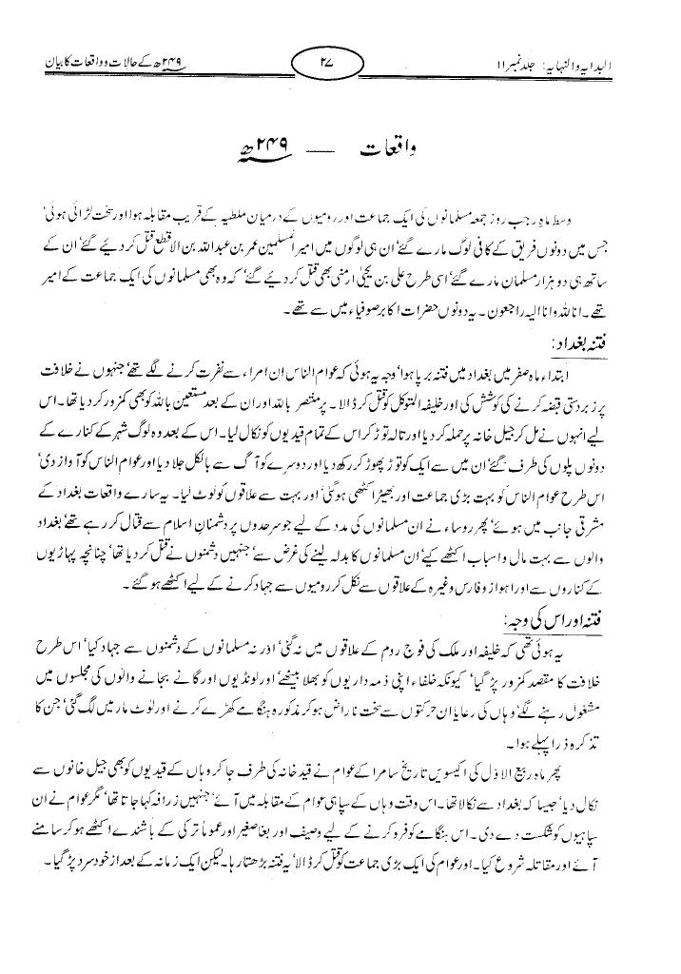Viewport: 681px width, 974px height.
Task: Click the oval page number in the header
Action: [334, 68]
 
